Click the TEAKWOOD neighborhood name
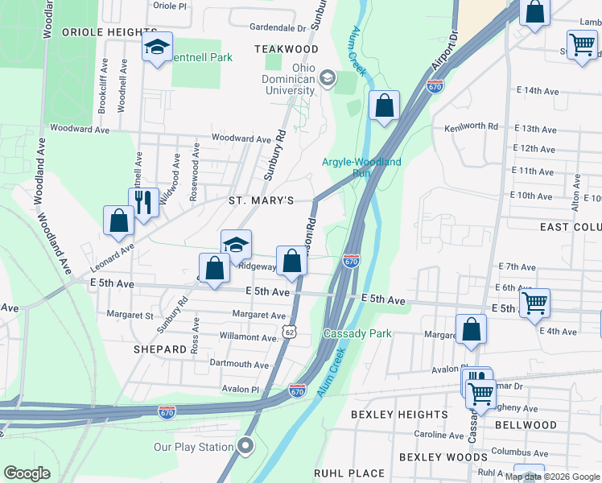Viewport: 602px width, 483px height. point(287,49)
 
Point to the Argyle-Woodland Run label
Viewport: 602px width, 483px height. point(361,167)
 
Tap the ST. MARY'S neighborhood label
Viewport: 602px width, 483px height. point(260,200)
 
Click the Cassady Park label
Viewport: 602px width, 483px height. point(357,333)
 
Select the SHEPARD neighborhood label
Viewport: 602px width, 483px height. point(161,349)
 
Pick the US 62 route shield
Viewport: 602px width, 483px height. point(290,332)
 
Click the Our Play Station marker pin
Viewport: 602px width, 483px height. point(245,446)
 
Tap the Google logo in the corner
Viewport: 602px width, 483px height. point(27,473)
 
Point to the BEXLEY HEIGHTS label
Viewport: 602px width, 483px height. point(400,415)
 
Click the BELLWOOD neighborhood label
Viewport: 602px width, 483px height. point(526,424)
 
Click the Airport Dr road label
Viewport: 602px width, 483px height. point(443,50)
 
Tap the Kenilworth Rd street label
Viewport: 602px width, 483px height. point(472,127)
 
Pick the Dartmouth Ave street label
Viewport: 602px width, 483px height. point(238,365)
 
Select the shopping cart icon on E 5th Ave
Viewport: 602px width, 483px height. point(534,304)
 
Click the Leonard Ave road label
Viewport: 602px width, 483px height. point(112,254)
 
